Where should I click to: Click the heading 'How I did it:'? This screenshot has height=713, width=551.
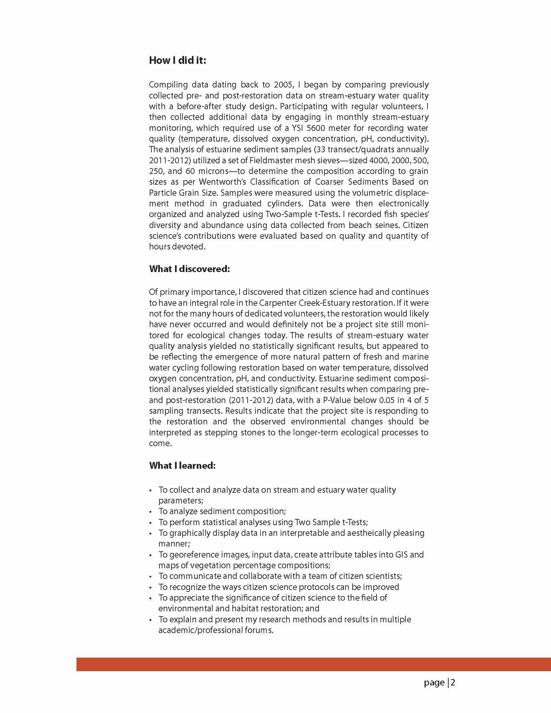[177, 60]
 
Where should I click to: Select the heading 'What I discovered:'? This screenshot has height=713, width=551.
[189, 269]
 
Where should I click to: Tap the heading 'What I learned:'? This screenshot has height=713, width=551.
[182, 465]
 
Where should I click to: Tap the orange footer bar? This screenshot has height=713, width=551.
[313, 664]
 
